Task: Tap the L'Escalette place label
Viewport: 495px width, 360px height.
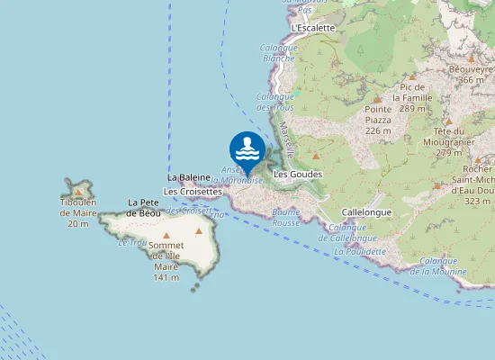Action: (314, 28)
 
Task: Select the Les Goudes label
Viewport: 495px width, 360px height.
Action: (298, 174)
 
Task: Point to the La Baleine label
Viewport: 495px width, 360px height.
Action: (189, 178)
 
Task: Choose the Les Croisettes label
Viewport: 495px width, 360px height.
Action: (193, 192)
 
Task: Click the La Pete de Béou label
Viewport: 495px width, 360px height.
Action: (144, 208)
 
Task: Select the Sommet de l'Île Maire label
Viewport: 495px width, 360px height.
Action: (166, 262)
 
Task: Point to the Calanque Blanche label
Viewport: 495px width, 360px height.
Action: (278, 53)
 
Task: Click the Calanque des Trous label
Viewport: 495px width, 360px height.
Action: (275, 102)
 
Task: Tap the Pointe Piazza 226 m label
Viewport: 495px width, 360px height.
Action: (378, 120)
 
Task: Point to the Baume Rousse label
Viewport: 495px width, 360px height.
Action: (285, 217)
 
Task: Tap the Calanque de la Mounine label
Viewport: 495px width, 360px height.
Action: (439, 265)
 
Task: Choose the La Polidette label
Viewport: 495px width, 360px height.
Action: (360, 252)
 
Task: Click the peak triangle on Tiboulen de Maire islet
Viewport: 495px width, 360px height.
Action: (80, 191)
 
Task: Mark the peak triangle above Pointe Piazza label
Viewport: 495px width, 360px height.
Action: (377, 98)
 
